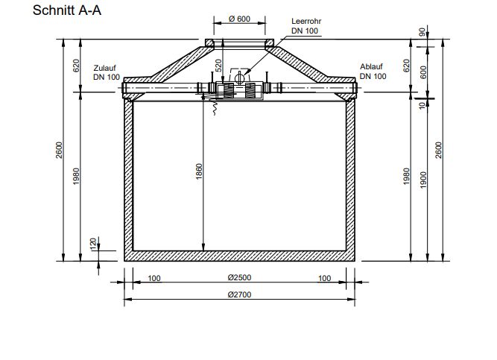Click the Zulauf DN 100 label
point(107,72)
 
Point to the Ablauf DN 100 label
point(373,72)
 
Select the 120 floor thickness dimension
point(93,244)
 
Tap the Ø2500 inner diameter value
point(238,277)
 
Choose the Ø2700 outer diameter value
point(238,294)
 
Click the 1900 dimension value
point(423,179)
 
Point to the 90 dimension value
point(423,32)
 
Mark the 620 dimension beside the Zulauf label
point(75,66)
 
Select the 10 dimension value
point(423,106)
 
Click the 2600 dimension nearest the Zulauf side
point(60,149)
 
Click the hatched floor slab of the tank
point(238,256)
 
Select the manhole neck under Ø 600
point(238,42)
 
